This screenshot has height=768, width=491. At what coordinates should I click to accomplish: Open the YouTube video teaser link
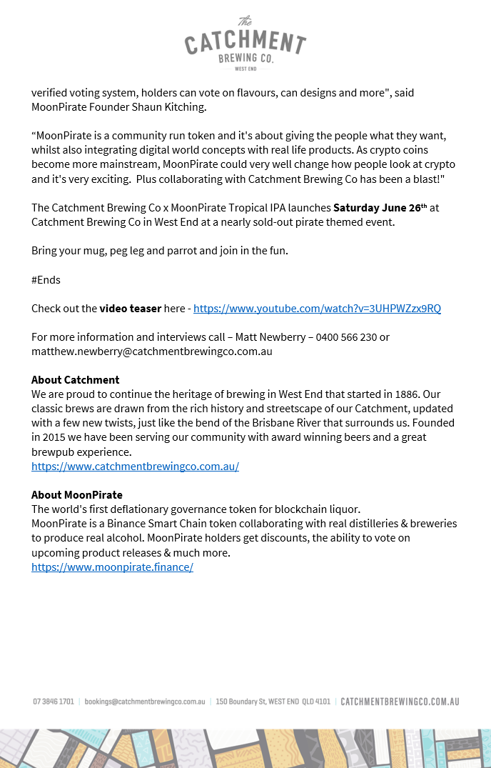317,309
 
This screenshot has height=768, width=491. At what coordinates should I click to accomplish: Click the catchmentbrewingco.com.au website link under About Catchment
135,467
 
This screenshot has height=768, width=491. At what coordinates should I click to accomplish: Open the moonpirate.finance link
112,567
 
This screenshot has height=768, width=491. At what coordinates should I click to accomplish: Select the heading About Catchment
75,380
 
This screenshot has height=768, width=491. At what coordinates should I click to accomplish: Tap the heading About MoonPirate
76,495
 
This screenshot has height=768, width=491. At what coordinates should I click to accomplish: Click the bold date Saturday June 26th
380,208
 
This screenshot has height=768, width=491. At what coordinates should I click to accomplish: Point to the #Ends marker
46,280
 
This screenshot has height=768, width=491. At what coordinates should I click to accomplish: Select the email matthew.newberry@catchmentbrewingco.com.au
151,351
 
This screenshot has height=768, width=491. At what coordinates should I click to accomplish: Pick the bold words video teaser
130,309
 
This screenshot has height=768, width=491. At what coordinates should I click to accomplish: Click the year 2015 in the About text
59,437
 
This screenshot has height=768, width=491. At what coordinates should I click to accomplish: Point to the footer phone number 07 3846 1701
54,702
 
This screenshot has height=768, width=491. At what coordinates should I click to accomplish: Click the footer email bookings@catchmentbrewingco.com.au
145,702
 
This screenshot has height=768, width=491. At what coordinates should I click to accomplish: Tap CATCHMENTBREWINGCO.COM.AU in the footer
400,702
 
